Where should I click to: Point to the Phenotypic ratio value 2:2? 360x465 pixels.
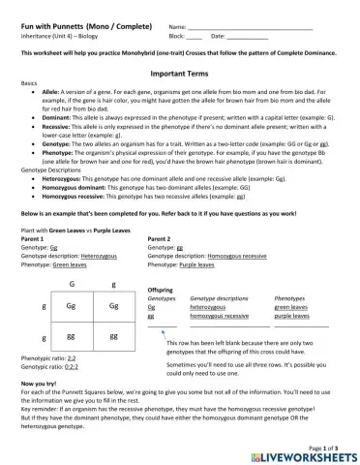72,358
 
